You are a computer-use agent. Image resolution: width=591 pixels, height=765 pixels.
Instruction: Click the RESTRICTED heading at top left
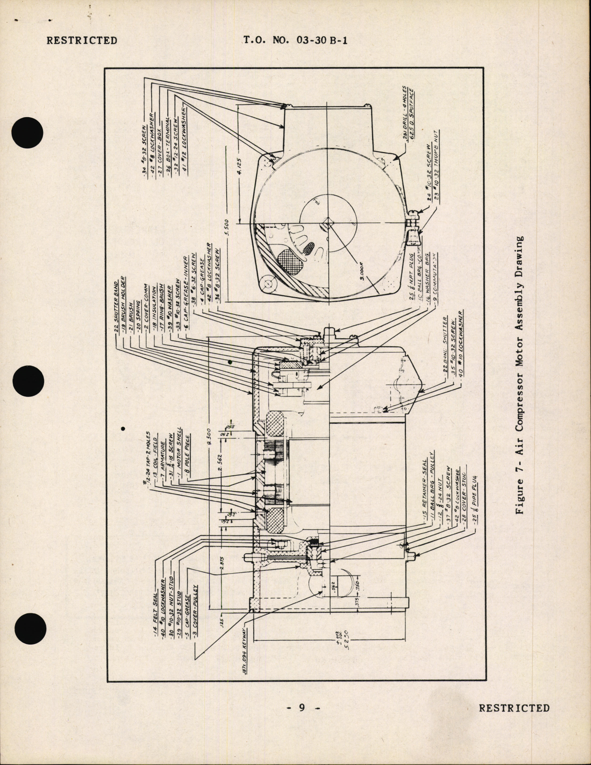pyautogui.click(x=82, y=41)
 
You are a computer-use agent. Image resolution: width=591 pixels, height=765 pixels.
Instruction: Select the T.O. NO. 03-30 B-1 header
pyautogui.click(x=296, y=41)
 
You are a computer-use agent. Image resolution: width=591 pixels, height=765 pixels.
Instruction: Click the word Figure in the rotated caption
pyautogui.click(x=520, y=496)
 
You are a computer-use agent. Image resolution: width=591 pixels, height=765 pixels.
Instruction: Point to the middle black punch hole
pyautogui.click(x=29, y=382)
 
